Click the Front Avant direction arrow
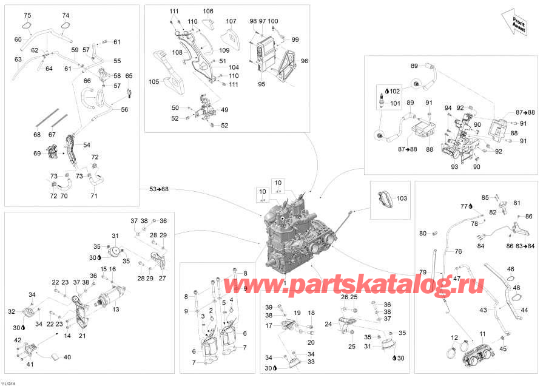click(x=515, y=23)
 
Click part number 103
click(x=402, y=198)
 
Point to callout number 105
click(x=154, y=81)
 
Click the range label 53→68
click(x=159, y=189)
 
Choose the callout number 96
click(x=305, y=61)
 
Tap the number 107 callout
click(x=231, y=21)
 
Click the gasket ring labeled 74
click(x=65, y=25)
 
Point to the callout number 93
click(x=454, y=166)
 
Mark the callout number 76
click(x=458, y=251)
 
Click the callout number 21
click(x=83, y=336)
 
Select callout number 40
click(x=67, y=357)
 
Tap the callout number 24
click(x=328, y=324)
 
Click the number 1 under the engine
click(x=285, y=283)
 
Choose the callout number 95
click(x=261, y=84)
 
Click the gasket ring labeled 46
click(x=510, y=279)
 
